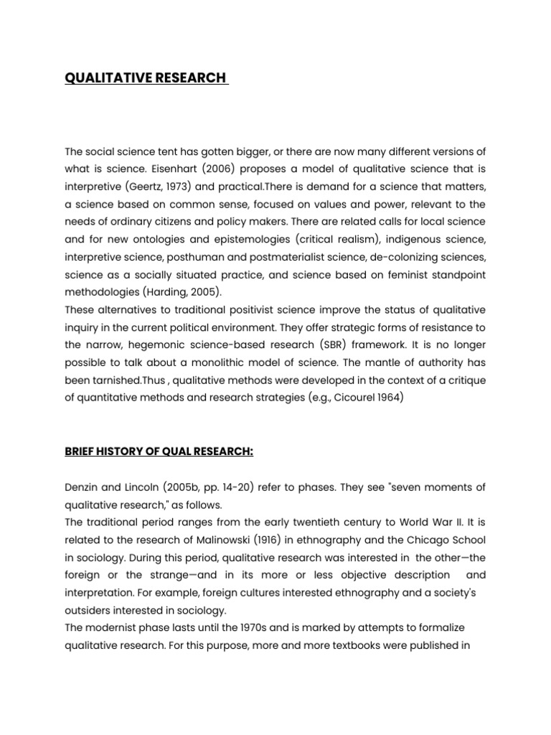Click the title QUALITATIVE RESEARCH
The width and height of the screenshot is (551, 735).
pyautogui.click(x=145, y=78)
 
